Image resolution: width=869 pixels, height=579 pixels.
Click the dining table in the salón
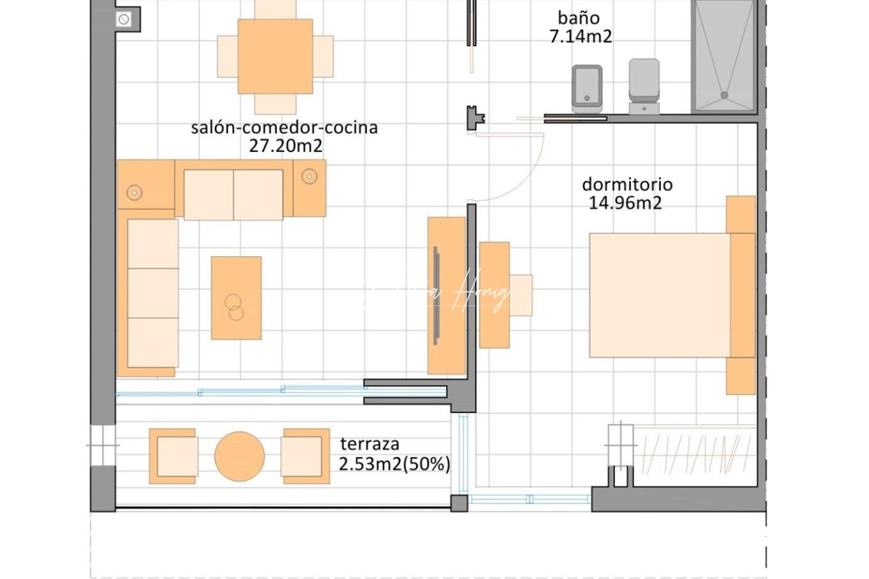coord(275,56)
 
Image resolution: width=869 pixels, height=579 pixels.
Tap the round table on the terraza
coord(239,456)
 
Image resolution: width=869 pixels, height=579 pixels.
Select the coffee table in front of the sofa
coord(236,298)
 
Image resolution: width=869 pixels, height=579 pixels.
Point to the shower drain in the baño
coord(724,95)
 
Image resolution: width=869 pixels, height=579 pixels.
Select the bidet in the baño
coord(586,87)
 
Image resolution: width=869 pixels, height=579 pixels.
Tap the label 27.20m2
coord(285,146)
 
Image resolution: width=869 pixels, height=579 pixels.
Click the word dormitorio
coord(627,184)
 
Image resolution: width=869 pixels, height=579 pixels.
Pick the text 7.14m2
coord(580,36)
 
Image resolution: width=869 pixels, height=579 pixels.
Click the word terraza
coord(370,444)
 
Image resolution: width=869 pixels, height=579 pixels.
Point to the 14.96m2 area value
coord(625,203)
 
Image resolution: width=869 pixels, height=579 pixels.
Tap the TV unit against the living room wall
coord(446,295)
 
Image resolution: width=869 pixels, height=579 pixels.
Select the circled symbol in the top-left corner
coord(123,20)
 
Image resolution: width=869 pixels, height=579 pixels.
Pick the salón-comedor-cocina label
coord(284,128)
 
